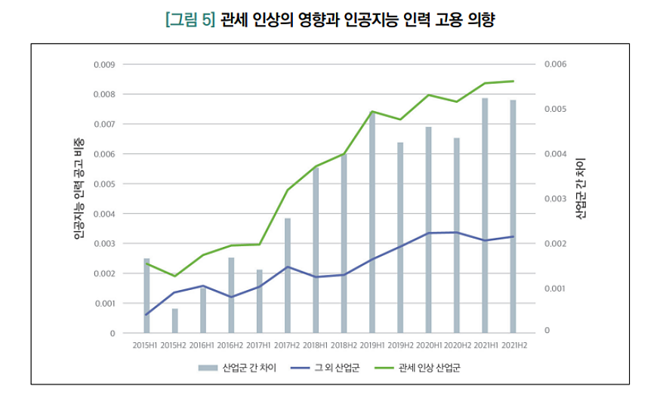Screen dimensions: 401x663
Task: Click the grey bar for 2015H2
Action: coord(175,320)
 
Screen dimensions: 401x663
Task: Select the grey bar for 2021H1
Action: coord(486,215)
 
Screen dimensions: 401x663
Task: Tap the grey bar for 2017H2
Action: coord(288,275)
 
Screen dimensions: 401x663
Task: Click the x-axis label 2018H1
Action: coord(316,344)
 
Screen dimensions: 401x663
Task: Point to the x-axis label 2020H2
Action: coord(457,344)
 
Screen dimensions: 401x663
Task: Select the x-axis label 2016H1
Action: coord(203,344)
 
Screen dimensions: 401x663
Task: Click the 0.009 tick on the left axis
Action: coord(104,64)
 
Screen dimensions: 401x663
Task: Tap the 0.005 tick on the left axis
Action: coord(104,184)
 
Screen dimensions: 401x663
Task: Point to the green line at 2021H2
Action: coord(513,81)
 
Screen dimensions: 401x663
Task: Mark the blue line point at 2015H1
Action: coord(146,314)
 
